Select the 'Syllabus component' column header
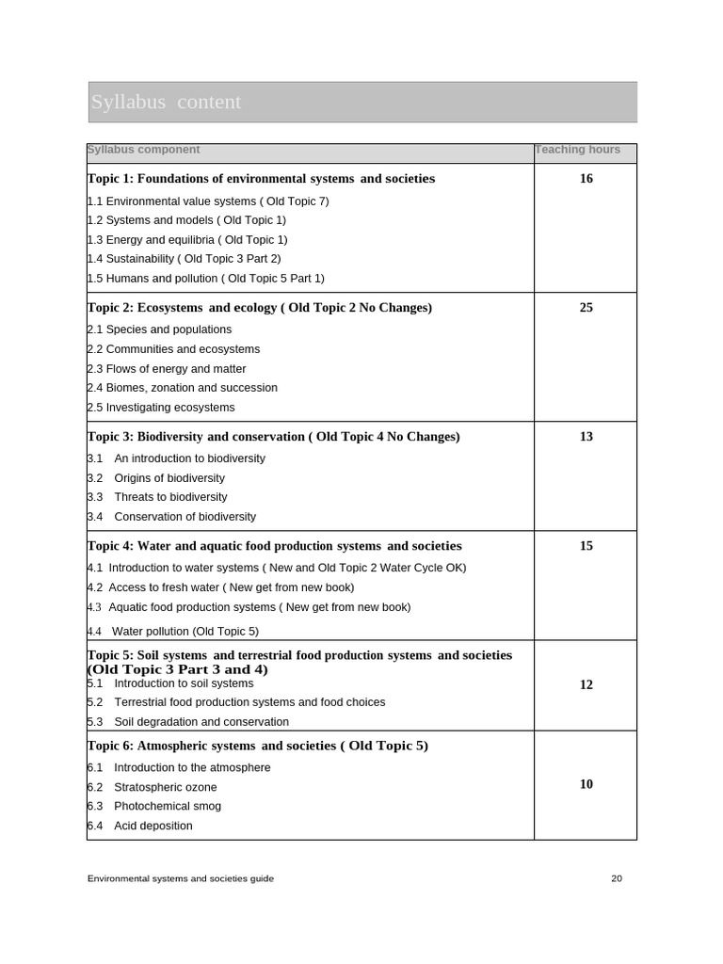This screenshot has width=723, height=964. pos(143,150)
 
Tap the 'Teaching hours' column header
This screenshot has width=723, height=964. pos(577,150)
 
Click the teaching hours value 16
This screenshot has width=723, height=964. pos(586,179)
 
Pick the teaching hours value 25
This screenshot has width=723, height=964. pos(586,308)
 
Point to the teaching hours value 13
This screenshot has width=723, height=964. pos(586,437)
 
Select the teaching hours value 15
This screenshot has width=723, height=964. pos(586,546)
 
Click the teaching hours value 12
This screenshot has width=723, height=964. pos(586,685)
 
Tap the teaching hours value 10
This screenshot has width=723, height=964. pos(586,784)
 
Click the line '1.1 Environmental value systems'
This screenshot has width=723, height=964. pos(208,201)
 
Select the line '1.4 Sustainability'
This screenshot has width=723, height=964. pos(184,259)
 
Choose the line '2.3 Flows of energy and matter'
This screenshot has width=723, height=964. pos(167,369)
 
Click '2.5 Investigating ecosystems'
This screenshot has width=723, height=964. pos(161,408)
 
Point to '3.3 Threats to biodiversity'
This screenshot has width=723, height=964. pos(157,497)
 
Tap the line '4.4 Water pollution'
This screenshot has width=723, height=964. pos(172,632)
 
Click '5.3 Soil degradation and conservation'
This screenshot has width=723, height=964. pos(188,722)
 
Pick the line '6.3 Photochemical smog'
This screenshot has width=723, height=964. pos(154,807)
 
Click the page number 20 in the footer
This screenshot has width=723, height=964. pos(617,878)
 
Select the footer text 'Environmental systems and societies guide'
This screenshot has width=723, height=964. pos(181,878)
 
